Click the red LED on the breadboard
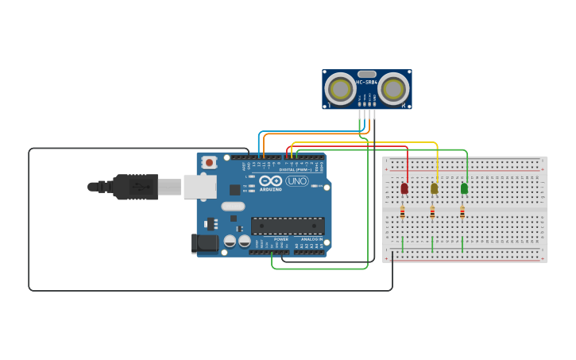(x=404, y=188)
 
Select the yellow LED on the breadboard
(x=434, y=188)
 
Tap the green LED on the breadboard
(x=464, y=188)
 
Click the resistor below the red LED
(x=402, y=212)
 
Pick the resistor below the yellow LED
(x=432, y=212)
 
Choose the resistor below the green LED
(x=462, y=212)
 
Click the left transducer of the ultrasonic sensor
(x=341, y=89)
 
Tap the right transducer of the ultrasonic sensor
(x=393, y=89)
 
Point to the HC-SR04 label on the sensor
(x=366, y=82)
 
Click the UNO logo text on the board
(x=296, y=181)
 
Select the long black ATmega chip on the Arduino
(x=288, y=226)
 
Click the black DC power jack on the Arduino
(x=205, y=243)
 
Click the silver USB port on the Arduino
(x=199, y=187)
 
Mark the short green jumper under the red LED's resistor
(x=402, y=244)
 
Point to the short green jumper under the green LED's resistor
(x=462, y=244)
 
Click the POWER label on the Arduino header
(x=281, y=238)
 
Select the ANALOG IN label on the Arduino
(x=311, y=238)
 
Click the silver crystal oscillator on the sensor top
(x=367, y=74)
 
